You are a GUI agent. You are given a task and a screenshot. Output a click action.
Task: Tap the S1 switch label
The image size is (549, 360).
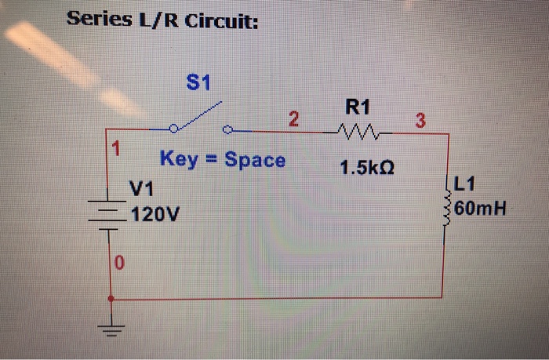199,82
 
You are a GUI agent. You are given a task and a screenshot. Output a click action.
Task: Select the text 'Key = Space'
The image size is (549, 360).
223,160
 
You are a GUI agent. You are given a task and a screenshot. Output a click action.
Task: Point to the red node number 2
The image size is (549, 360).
293,120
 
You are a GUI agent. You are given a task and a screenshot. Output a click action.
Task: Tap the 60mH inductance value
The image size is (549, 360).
479,209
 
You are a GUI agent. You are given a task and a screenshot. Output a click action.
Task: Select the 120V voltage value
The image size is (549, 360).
156,213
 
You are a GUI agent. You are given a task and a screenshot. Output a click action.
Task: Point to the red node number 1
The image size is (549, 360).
115,147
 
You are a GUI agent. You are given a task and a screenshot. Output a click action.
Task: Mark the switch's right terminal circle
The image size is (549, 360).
227,130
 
